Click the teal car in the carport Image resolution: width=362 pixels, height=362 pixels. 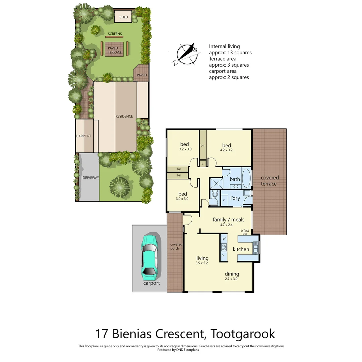coord(149,257)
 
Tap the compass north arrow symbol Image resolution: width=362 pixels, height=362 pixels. coord(187,54)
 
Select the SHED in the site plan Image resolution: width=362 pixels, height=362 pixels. coord(124,17)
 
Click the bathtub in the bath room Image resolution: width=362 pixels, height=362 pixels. coord(246,178)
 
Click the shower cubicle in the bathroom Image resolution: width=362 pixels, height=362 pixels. coord(216,184)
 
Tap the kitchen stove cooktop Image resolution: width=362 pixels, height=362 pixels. coord(224,248)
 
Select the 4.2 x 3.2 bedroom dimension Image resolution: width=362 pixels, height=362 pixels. coord(227,150)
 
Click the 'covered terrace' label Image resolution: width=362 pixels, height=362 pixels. coord(269,181)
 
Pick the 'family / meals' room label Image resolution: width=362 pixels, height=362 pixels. coord(229,220)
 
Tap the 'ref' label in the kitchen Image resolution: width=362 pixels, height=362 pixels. coord(224,239)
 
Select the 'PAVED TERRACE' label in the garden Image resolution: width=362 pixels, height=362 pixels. coord(113,50)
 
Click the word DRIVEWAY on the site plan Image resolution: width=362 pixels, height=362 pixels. coord(90,178)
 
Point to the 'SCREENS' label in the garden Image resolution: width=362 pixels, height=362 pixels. coord(115,34)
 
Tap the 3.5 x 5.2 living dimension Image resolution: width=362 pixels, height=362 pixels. coord(202,263)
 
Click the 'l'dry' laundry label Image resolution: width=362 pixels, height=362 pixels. coord(235,198)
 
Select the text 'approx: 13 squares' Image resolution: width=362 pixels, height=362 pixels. coord(230,53)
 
